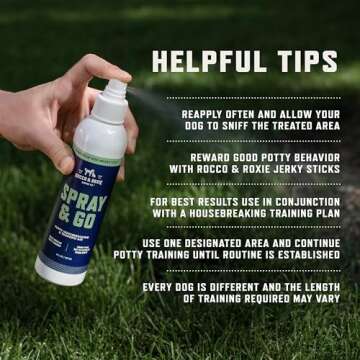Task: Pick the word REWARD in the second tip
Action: pos(212,156)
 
